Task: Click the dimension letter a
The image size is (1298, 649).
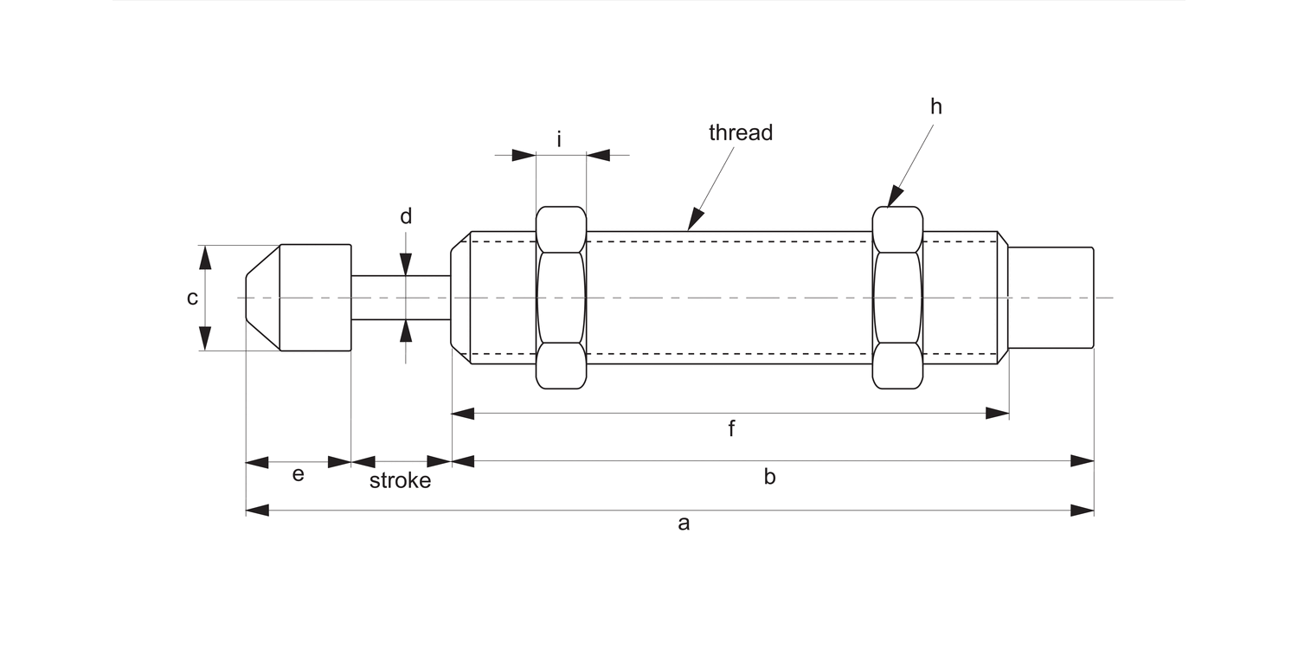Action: pyautogui.click(x=684, y=524)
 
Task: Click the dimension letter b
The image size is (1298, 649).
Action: pyautogui.click(x=769, y=477)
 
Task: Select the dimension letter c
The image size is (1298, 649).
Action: pyautogui.click(x=192, y=299)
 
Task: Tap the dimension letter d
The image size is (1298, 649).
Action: pyautogui.click(x=406, y=216)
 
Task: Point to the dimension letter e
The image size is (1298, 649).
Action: pyautogui.click(x=298, y=475)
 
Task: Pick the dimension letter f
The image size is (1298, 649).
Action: pyautogui.click(x=731, y=428)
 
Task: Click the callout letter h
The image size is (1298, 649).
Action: pyautogui.click(x=936, y=106)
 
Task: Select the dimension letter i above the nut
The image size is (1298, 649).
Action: pyautogui.click(x=560, y=138)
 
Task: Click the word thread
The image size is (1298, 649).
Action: pyautogui.click(x=740, y=132)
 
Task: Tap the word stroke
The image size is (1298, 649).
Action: pyautogui.click(x=400, y=481)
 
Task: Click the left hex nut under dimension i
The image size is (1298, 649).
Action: pyautogui.click(x=561, y=298)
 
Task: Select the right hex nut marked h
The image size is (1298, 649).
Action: pyautogui.click(x=897, y=298)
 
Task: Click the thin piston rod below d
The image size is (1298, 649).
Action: pyautogui.click(x=401, y=298)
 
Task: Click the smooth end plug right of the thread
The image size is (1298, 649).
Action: pyautogui.click(x=1051, y=298)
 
